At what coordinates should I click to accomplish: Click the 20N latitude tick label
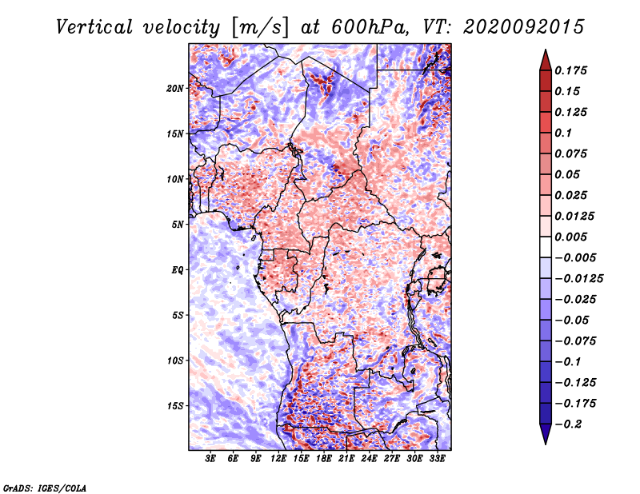coord(175,89)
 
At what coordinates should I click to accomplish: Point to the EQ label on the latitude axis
coord(178,270)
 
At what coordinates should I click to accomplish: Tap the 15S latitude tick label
coord(175,406)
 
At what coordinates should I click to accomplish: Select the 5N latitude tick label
coord(178,225)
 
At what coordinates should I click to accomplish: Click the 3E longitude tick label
coord(210,459)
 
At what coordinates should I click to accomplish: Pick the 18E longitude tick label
coord(324,459)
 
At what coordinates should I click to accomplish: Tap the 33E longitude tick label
coord(437,459)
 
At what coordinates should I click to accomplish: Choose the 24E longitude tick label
coord(369,459)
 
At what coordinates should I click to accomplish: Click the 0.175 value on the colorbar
coord(571,70)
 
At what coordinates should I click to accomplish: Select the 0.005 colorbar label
coord(571,237)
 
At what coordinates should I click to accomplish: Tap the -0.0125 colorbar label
coord(579,279)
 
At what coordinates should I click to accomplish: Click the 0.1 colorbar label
coord(563,133)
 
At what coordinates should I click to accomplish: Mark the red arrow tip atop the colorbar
coord(546,50)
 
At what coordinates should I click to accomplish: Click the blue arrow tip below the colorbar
coord(546,444)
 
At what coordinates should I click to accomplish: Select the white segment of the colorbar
coord(546,247)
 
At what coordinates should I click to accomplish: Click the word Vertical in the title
coord(94,27)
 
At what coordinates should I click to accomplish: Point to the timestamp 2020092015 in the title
coord(524,27)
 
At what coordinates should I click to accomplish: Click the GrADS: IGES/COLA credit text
coord(45,488)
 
